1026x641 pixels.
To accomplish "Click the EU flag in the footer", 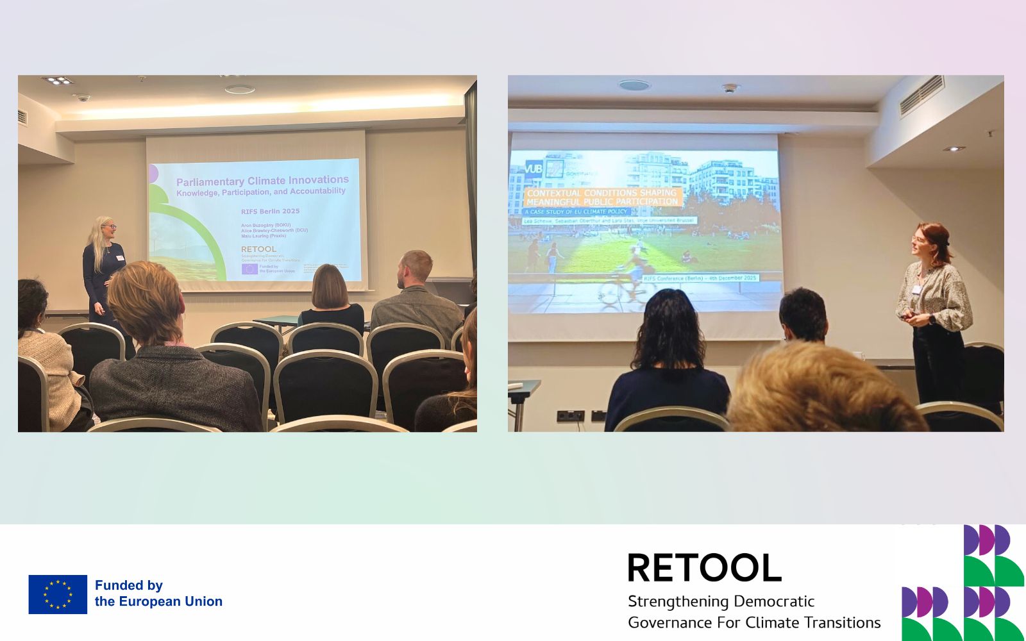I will point(58,594).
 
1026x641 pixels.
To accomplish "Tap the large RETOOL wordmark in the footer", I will point(704,568).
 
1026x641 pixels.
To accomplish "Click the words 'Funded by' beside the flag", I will point(129,585).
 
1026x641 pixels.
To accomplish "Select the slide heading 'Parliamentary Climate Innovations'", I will point(262,181).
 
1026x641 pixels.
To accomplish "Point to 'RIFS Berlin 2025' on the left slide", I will point(270,211).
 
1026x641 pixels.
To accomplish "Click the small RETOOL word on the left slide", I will point(258,249).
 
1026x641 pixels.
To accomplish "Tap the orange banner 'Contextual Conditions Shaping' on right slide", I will point(601,192).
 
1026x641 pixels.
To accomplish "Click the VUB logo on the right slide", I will point(534,169).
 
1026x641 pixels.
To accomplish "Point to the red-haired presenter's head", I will point(931,241).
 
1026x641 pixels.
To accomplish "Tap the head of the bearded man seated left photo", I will point(416,269).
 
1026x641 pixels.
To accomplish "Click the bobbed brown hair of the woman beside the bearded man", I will point(330,286).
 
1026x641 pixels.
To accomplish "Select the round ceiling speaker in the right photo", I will point(634,85).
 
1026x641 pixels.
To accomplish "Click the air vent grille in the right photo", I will point(921,96).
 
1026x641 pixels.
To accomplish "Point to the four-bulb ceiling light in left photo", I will point(58,81).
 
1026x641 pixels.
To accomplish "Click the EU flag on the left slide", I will point(249,269).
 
